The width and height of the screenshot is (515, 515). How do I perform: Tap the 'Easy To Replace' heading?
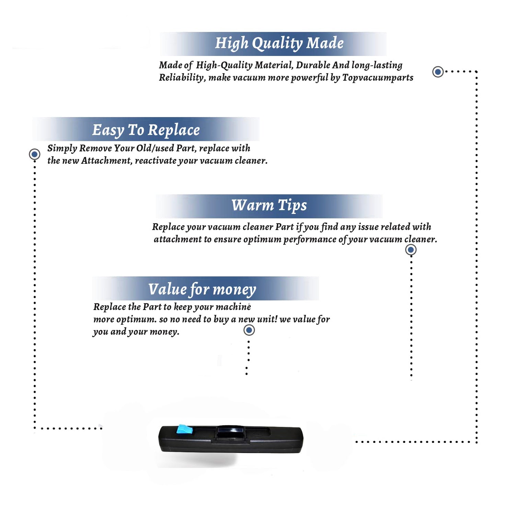[146, 130]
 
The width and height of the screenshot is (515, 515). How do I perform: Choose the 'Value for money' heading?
[202, 289]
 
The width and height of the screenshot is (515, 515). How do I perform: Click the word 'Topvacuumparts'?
[378, 78]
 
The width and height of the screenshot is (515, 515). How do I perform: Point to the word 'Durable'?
[313, 65]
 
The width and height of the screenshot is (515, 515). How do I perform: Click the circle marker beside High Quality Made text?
[438, 72]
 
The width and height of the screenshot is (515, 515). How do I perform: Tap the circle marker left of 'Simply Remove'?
[34, 154]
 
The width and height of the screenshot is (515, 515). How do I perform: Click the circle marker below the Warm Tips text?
[411, 250]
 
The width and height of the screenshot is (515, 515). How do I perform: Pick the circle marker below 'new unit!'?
[249, 330]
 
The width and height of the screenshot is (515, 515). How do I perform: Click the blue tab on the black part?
[184, 429]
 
